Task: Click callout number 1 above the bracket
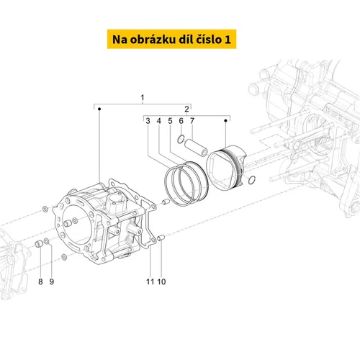coord(143,98)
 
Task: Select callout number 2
coord(186,109)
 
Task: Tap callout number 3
coord(148,121)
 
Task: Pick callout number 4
coord(159,121)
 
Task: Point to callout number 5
coord(170,121)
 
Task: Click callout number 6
coord(181,121)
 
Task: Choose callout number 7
coord(192,121)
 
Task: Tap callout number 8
coord(40,282)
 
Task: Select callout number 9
coord(52,282)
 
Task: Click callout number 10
coord(161,282)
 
